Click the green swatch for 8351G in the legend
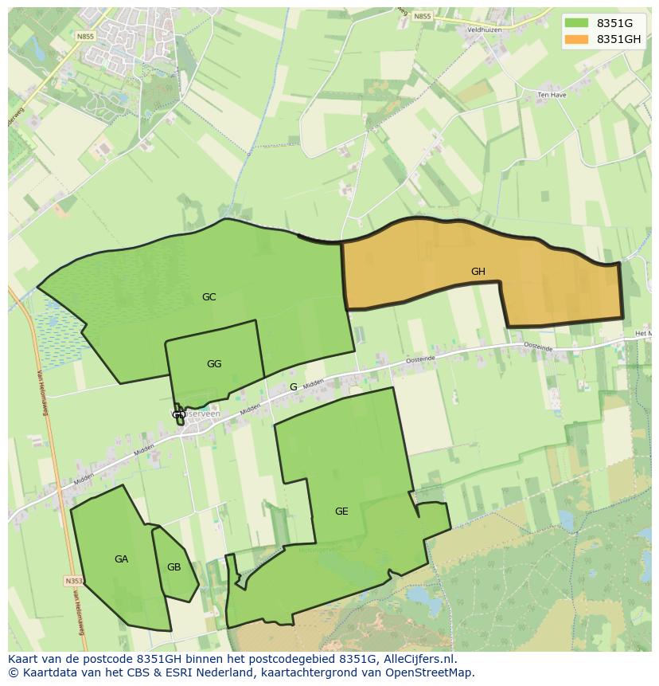coord(577,23)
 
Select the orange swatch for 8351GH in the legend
coord(577,39)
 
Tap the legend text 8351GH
coord(618,39)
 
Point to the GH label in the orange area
coord(478,272)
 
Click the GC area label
coord(209,297)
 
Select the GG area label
coord(213,364)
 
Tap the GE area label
coord(341,512)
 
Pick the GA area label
coord(121,559)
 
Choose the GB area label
coord(174,567)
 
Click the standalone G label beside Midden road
coord(293,387)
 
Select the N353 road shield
coord(73,582)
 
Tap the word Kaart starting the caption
coord(24,659)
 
